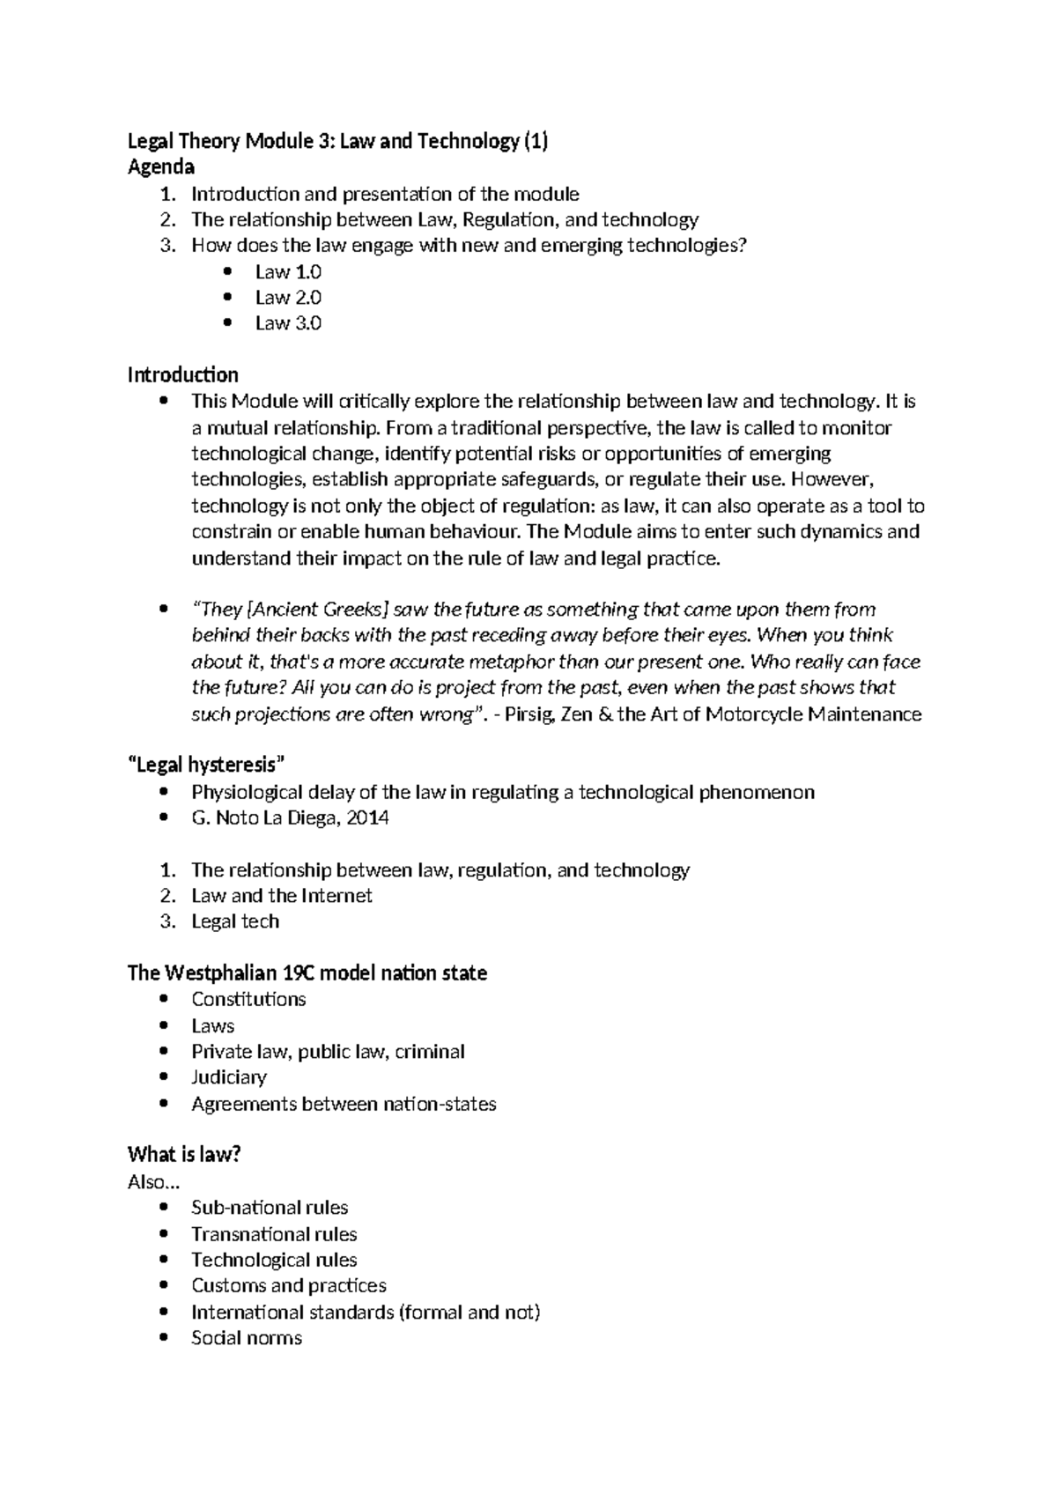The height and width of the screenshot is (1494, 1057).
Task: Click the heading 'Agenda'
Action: pyautogui.click(x=161, y=167)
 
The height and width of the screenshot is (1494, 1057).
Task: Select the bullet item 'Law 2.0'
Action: pyautogui.click(x=288, y=298)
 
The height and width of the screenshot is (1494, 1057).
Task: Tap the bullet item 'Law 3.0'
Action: pyautogui.click(x=288, y=323)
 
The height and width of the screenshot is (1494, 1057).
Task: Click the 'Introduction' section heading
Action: pyautogui.click(x=182, y=375)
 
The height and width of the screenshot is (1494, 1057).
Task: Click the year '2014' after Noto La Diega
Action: pyautogui.click(x=367, y=818)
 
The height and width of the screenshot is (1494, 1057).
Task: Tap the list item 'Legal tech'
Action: pyautogui.click(x=235, y=921)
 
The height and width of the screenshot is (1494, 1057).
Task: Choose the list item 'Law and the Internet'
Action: pyautogui.click(x=282, y=896)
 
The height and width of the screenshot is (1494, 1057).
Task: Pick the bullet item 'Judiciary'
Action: pyautogui.click(x=229, y=1077)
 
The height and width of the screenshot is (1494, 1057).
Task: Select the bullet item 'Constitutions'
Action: pyautogui.click(x=248, y=1000)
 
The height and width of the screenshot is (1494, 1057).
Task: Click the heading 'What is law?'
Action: pyautogui.click(x=184, y=1155)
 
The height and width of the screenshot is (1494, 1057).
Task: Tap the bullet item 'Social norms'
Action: pyautogui.click(x=247, y=1338)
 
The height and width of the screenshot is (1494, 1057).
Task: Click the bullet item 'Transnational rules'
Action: pyautogui.click(x=274, y=1234)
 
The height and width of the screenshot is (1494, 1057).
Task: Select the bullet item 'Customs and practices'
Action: pyautogui.click(x=289, y=1286)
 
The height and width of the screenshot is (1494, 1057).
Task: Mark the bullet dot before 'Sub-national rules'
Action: pyautogui.click(x=164, y=1209)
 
